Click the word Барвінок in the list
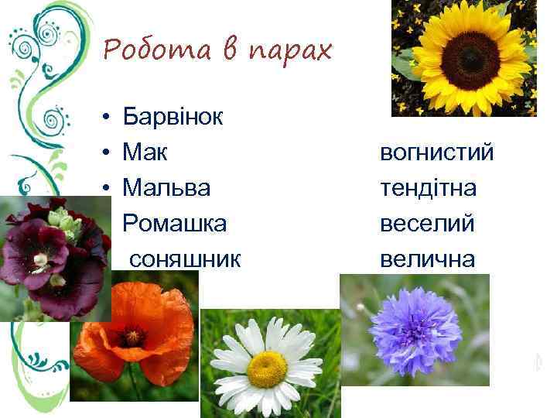pyautogui.click(x=173, y=118)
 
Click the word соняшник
pyautogui.click(x=185, y=259)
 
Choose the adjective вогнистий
pyautogui.click(x=436, y=153)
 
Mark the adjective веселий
pyautogui.click(x=427, y=224)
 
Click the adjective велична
pyautogui.click(x=427, y=259)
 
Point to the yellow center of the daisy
pyautogui.click(x=267, y=368)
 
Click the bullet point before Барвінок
pyautogui.click(x=102, y=118)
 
